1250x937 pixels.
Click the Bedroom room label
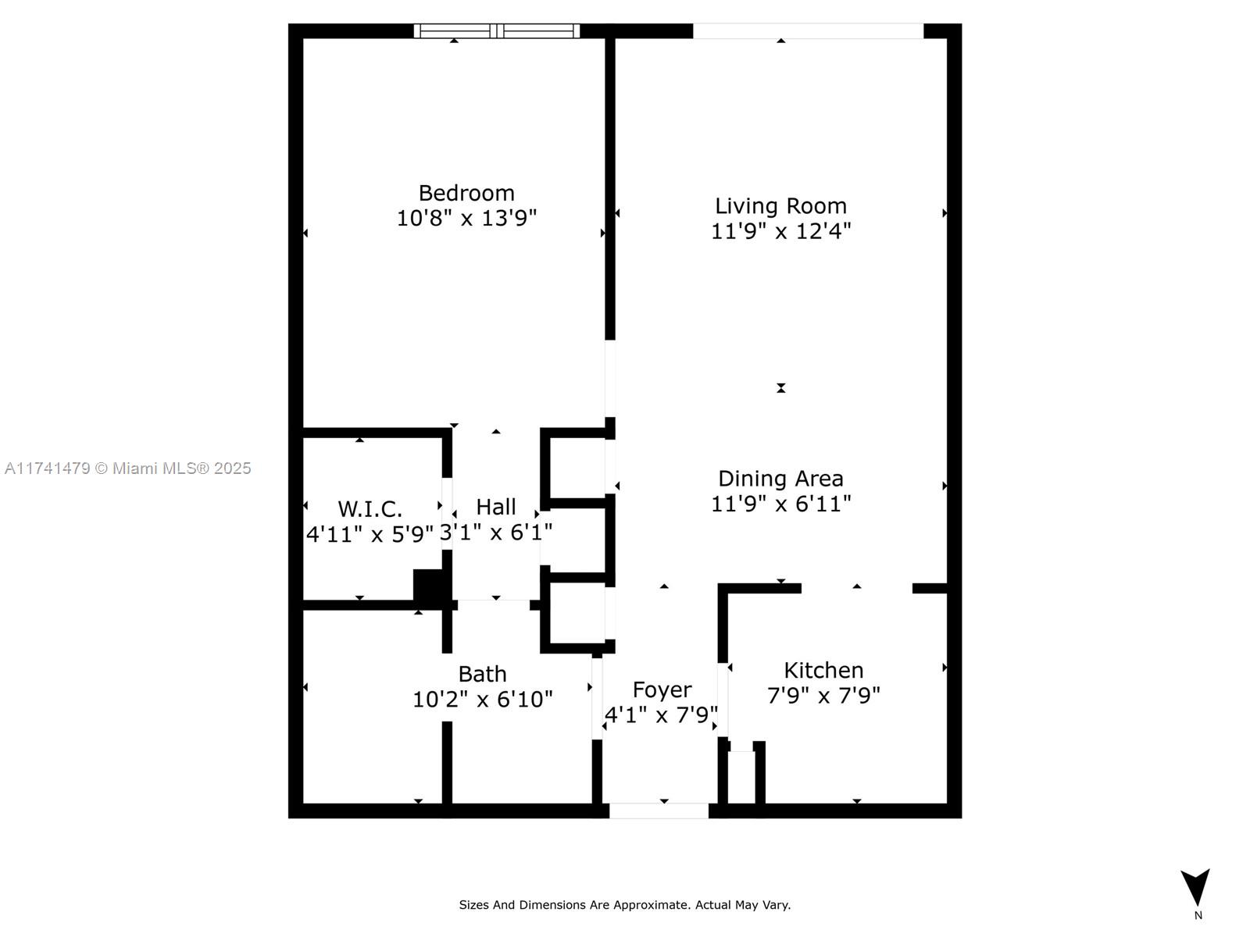pos(466,194)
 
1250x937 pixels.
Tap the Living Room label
pos(780,206)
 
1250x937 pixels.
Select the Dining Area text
pos(780,479)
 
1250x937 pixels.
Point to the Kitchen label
pos(823,670)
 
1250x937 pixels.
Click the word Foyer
pos(662,690)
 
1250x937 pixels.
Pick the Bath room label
pos(482,674)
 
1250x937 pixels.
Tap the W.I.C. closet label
pos(370,509)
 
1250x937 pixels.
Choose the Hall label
pos(496,506)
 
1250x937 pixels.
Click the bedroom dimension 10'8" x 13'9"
pos(466,218)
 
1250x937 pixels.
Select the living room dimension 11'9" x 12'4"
pos(780,231)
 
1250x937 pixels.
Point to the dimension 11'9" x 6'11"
pos(780,504)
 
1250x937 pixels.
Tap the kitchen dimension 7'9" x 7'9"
pos(823,695)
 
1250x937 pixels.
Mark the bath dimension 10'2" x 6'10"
pos(482,699)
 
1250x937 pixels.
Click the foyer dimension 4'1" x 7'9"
pos(661,714)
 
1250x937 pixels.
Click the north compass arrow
pos(1195,886)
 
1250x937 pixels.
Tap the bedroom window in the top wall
pos(497,30)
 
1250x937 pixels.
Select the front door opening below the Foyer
pos(659,811)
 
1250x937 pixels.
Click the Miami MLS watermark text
pos(127,468)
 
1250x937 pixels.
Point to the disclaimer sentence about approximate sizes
pos(625,904)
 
